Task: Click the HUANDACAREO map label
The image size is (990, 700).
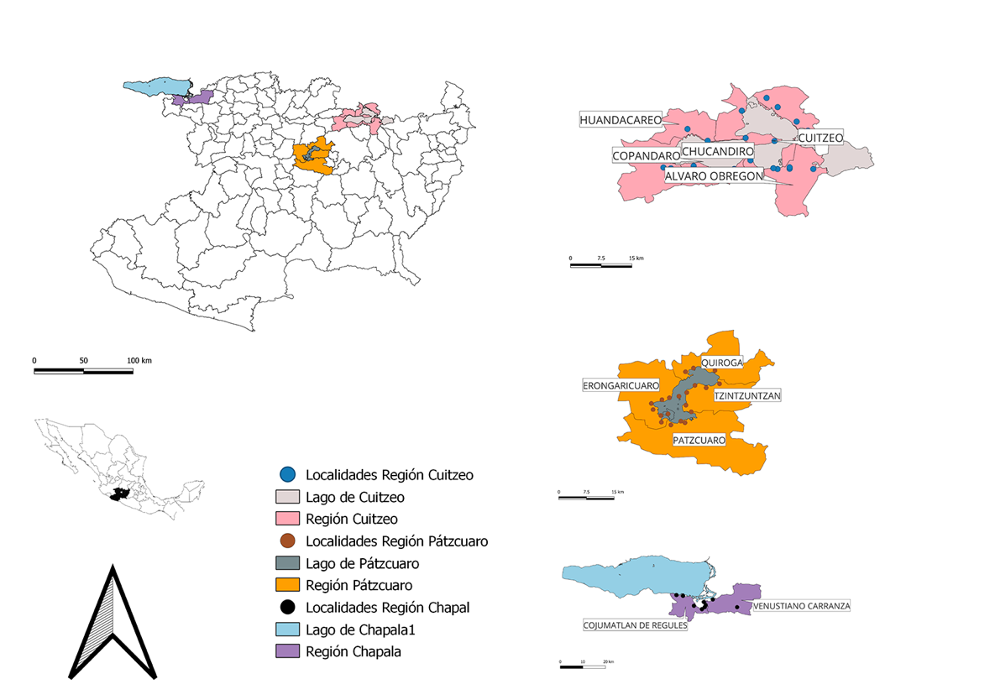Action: click(x=621, y=120)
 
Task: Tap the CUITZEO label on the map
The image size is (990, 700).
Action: click(x=820, y=138)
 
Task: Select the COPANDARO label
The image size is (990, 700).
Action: click(x=645, y=156)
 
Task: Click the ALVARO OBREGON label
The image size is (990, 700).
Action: click(x=714, y=176)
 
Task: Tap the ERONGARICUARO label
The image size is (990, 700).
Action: click(x=621, y=386)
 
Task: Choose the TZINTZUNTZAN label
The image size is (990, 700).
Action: click(x=747, y=394)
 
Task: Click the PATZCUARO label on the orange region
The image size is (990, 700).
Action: click(x=699, y=440)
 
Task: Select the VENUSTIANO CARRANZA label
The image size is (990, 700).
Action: click(x=802, y=605)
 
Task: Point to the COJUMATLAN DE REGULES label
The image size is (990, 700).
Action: click(x=636, y=625)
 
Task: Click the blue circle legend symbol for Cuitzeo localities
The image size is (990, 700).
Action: click(x=288, y=475)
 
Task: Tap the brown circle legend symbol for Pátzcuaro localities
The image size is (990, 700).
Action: click(x=288, y=541)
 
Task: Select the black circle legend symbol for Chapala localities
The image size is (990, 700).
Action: click(x=288, y=608)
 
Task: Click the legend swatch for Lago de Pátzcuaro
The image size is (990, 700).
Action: click(x=288, y=563)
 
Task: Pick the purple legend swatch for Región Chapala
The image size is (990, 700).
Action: click(x=288, y=651)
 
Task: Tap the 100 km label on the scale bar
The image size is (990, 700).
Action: click(x=140, y=360)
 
